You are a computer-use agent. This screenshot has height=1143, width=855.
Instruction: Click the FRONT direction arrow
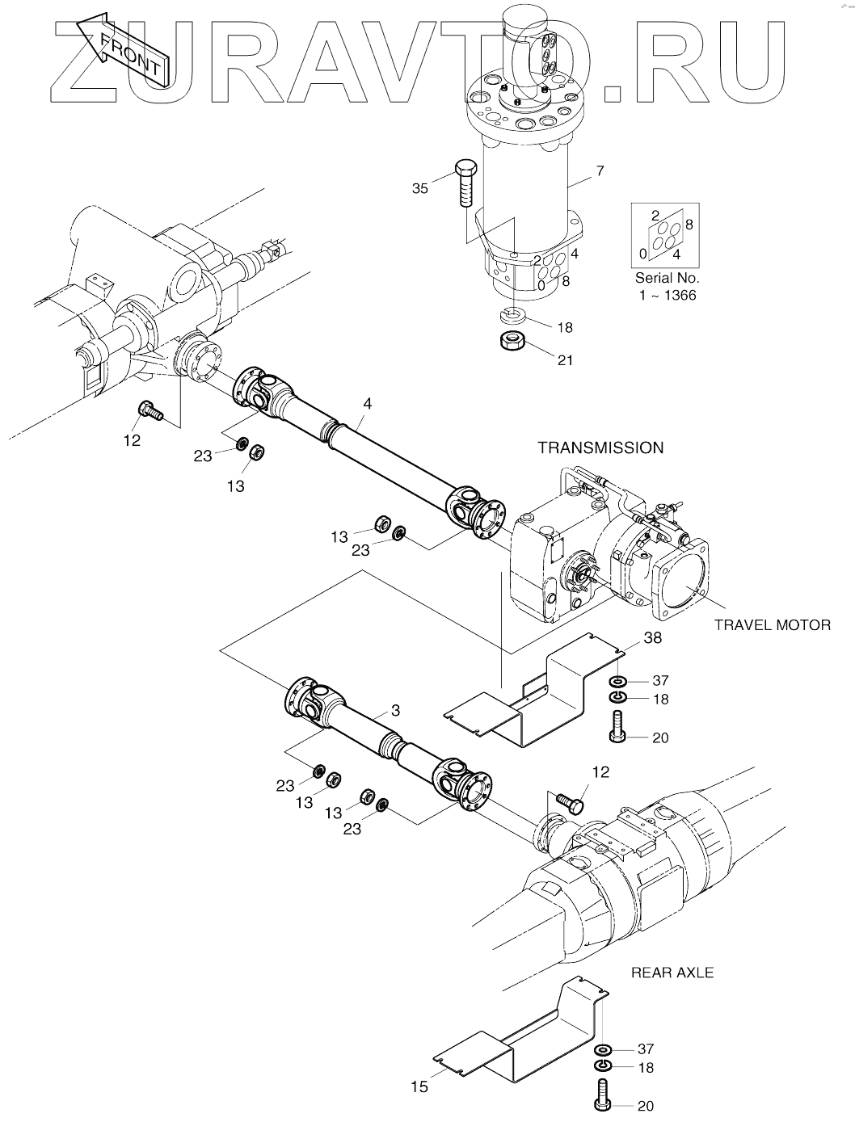click(122, 51)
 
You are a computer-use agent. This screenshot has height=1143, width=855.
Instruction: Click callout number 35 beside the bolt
click(419, 188)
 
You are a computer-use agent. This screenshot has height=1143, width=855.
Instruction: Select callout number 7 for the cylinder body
click(600, 170)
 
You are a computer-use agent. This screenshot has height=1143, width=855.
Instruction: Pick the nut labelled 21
click(512, 342)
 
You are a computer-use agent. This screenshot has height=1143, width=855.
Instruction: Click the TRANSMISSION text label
click(600, 448)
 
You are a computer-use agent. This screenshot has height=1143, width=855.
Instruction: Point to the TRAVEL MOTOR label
click(773, 624)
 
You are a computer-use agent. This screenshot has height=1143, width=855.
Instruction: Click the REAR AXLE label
click(672, 973)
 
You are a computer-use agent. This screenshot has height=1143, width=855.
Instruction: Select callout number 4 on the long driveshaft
click(368, 403)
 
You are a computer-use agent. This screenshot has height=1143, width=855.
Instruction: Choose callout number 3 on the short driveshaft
click(395, 710)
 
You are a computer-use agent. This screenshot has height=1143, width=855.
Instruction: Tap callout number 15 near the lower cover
click(419, 1086)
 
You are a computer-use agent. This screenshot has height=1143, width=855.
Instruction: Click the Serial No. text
click(667, 278)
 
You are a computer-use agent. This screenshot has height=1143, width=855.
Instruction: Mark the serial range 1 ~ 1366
click(668, 296)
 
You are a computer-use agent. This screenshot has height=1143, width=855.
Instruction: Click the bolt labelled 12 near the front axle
click(150, 410)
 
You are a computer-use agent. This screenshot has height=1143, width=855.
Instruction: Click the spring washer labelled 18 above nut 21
click(514, 314)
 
